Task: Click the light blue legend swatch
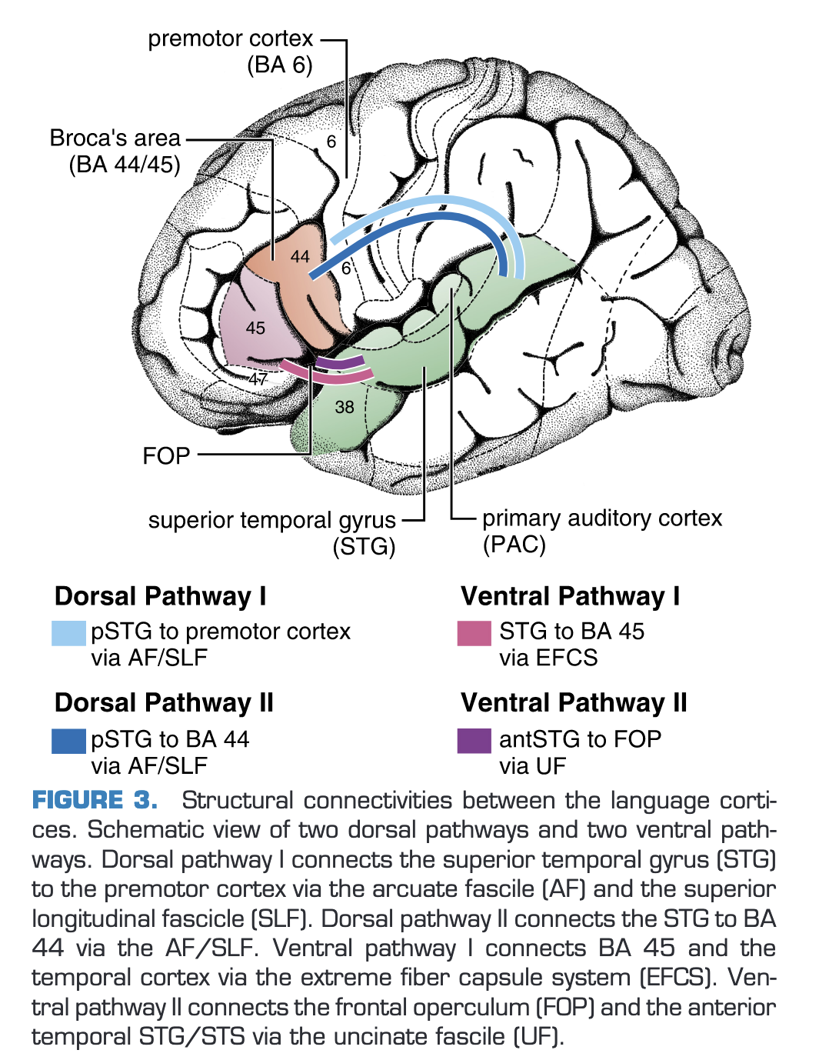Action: click(68, 633)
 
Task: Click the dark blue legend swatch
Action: click(68, 741)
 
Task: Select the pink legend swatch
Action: click(474, 633)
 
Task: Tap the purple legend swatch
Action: click(474, 741)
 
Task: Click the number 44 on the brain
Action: click(300, 257)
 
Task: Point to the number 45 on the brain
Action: click(255, 328)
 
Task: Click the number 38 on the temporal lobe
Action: click(345, 407)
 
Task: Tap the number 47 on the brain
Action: click(258, 379)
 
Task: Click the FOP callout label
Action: click(166, 456)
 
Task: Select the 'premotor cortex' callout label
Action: click(231, 38)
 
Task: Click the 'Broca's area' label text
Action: click(115, 138)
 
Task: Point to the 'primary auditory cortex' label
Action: click(602, 518)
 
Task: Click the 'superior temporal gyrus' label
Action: click(272, 521)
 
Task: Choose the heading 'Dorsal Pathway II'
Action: click(164, 703)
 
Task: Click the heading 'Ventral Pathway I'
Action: click(570, 596)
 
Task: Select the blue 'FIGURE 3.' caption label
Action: click(95, 801)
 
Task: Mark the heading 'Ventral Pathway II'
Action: click(574, 703)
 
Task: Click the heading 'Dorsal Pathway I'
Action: click(160, 596)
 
